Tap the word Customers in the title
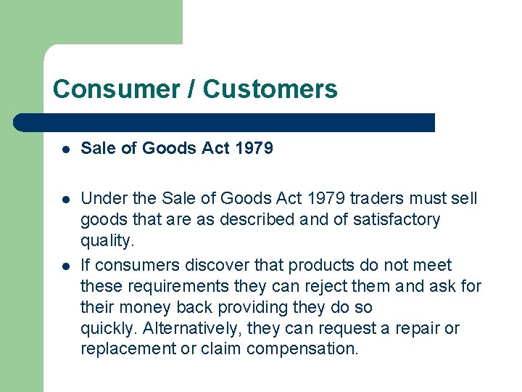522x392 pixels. [270, 89]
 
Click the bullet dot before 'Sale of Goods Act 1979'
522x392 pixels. [65, 150]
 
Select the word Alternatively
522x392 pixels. [190, 328]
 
